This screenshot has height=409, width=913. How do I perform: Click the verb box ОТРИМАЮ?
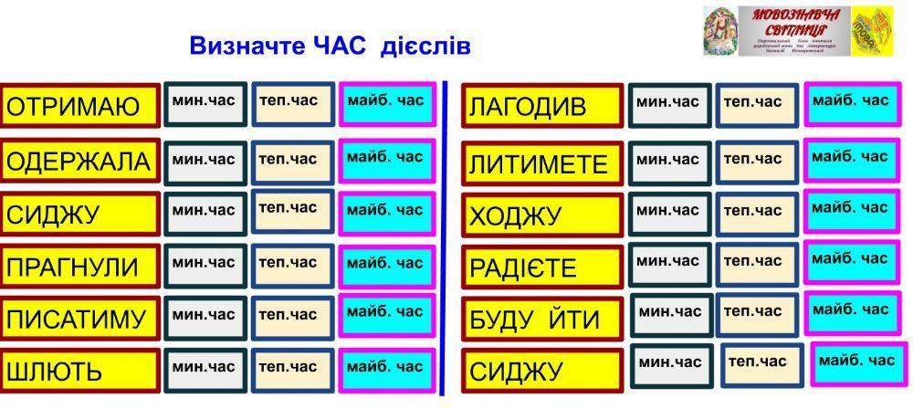click(x=80, y=107)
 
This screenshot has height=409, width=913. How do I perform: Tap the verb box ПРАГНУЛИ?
click(x=80, y=267)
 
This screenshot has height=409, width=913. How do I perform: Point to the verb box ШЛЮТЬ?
click(x=80, y=372)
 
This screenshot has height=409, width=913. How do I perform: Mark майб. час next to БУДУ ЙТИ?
click(x=849, y=313)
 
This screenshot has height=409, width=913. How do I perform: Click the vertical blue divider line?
click(x=443, y=237)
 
